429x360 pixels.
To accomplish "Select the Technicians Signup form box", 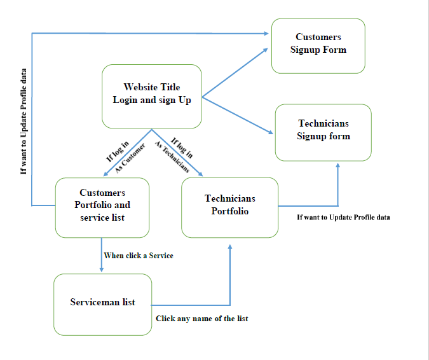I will pos(323,132).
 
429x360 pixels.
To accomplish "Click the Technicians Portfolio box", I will pos(229,206).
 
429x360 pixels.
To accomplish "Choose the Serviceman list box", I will pos(102,303).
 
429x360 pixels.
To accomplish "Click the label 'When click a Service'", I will pos(139,256).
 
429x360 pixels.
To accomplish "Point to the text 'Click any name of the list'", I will pos(202,319).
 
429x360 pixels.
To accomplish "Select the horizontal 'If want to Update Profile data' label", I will pos(343,218).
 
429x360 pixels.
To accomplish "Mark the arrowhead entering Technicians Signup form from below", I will pos(337,165).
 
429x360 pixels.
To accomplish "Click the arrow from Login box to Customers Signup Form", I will pos(235,73).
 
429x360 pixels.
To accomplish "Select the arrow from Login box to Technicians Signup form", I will pos(238,116).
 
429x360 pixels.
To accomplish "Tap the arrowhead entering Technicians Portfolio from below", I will pos(230,246).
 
